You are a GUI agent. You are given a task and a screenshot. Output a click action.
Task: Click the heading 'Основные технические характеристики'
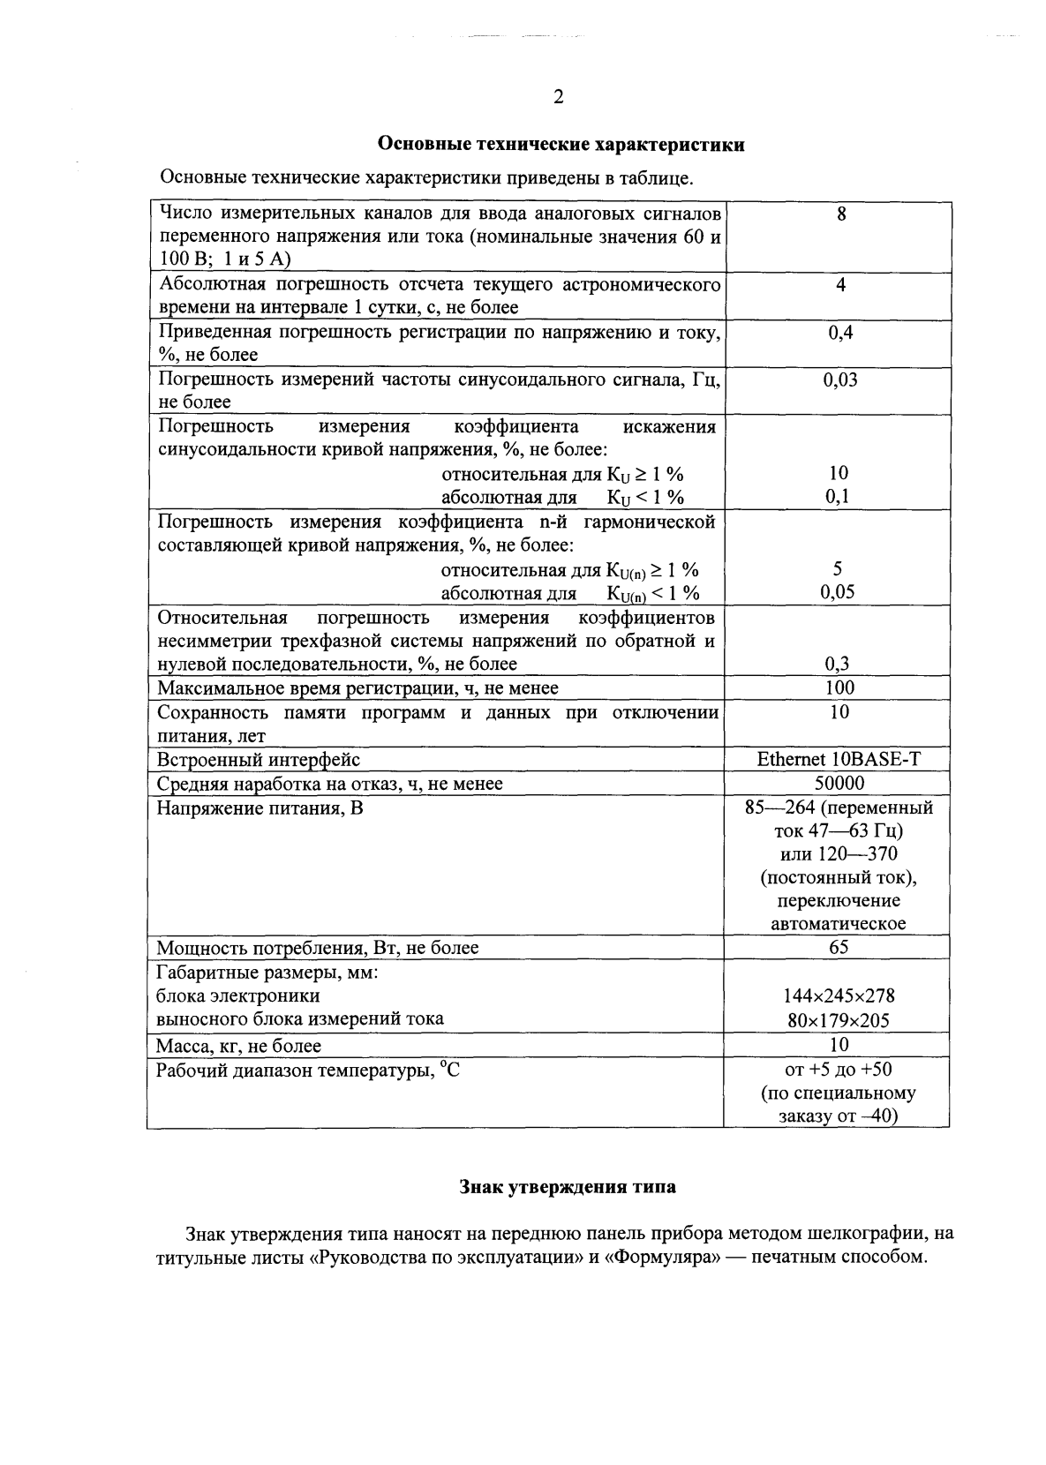pos(561,145)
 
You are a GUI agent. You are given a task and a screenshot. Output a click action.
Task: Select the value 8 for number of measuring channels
pos(840,214)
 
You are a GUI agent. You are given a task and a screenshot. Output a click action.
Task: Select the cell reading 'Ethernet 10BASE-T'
pos(839,759)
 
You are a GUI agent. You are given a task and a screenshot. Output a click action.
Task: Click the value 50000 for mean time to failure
pos(839,783)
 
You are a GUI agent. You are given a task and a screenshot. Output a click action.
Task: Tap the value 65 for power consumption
pos(839,947)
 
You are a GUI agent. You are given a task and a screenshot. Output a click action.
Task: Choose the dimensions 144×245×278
pos(839,995)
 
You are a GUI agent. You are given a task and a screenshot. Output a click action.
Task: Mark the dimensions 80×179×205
pos(839,1021)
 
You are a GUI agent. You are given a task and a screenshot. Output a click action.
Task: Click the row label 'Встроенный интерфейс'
pos(258,760)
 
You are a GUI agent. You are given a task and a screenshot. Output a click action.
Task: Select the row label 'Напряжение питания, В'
pos(260,808)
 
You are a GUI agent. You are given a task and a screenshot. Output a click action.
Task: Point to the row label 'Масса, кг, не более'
pos(238,1046)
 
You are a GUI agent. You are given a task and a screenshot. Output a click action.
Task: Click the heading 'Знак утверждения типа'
pos(568,1187)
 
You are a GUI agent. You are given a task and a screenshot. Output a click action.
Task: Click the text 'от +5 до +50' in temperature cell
pos(838,1070)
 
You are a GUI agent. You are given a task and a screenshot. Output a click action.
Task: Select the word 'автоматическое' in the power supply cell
pos(839,924)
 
